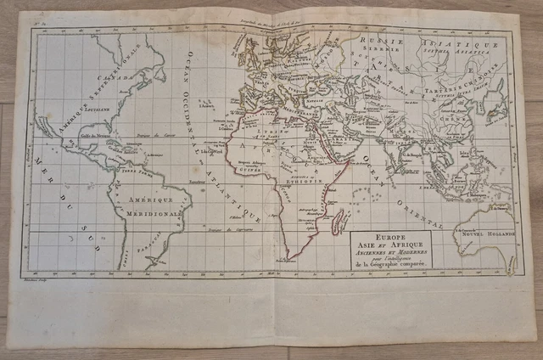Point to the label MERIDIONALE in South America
point(151,214)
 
